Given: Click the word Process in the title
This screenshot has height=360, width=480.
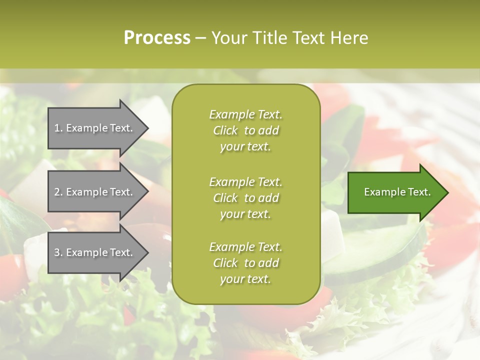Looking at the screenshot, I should coord(157,38).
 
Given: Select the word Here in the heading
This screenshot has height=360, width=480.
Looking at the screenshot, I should coord(348,38).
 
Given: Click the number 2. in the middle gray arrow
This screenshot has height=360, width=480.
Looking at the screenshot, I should coord(58,192).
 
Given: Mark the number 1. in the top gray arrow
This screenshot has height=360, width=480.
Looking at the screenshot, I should coord(58,128).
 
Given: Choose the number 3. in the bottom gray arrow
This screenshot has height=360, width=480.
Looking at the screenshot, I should coord(58,252).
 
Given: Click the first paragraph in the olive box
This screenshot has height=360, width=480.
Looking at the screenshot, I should coord(245,130).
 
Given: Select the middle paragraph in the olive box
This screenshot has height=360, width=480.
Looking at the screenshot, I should coord(245,198).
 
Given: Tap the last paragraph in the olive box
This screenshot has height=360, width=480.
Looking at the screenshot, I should coord(245,263).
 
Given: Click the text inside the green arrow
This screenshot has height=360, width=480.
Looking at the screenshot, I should coord(397,192).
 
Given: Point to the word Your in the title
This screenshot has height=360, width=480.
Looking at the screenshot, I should coord(228,38).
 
